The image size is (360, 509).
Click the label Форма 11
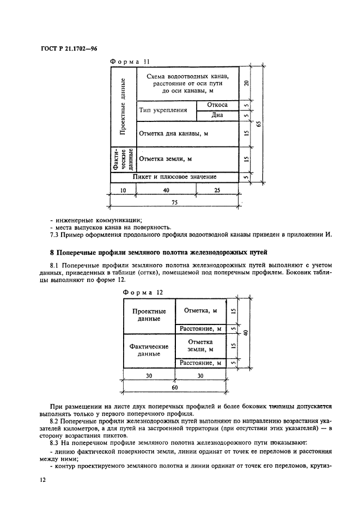(129, 62)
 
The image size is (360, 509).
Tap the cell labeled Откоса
(217, 105)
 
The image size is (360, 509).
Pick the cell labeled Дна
(217, 115)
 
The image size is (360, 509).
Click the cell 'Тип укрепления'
(163, 110)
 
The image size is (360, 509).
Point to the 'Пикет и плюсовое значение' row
(175, 177)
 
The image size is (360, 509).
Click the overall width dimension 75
(175, 201)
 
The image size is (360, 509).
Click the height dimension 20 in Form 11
(246, 83)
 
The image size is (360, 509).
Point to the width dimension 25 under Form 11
(217, 190)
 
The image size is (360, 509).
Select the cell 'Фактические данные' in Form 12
(149, 349)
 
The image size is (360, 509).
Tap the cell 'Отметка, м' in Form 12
(200, 311)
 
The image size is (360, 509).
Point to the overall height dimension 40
(246, 333)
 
